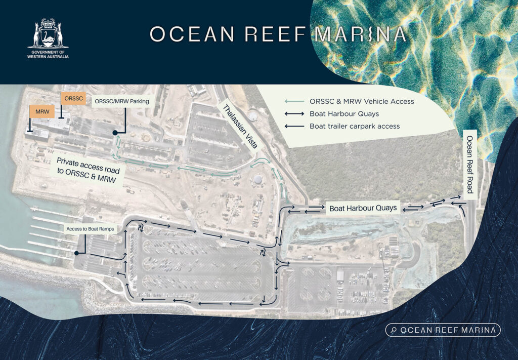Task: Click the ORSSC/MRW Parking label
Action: click(x=122, y=101)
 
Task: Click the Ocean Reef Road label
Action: click(x=470, y=164)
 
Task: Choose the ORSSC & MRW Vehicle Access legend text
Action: click(x=362, y=101)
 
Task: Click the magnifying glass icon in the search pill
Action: click(x=394, y=330)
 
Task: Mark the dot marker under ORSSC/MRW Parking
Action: click(x=115, y=133)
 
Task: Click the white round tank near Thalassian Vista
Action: click(x=258, y=179)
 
